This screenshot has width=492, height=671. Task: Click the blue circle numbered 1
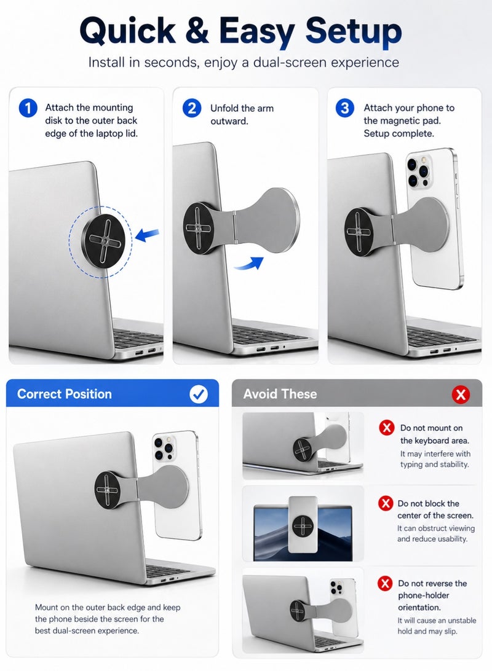point(28,108)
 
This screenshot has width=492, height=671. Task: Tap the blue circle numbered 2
point(192,108)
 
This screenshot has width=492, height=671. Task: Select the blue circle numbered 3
point(344,108)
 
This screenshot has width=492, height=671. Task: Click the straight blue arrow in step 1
point(147,235)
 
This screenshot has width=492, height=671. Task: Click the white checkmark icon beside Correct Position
point(199,394)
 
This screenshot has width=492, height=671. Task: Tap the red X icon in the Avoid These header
point(461,394)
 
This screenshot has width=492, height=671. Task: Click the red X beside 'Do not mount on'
point(387,428)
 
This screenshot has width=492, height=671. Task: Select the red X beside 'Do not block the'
point(386,503)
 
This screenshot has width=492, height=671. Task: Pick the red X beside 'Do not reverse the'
point(385,583)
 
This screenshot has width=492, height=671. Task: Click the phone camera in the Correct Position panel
point(164,448)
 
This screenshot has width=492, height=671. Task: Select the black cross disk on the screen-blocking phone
point(303,525)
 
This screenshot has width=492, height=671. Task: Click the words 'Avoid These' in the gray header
point(280,394)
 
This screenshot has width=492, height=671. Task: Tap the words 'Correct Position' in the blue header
point(64,394)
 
